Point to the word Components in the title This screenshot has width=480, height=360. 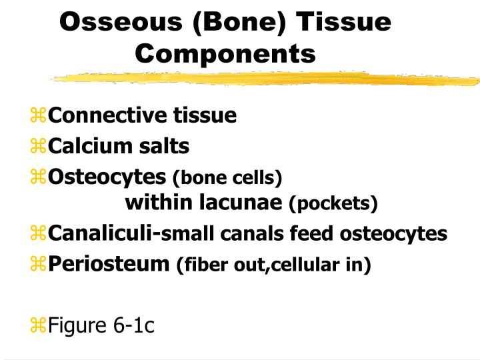225,53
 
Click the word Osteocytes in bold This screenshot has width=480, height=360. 107,177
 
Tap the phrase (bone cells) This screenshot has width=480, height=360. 227,178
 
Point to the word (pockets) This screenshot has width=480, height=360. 333,203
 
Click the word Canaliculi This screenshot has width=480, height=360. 100,233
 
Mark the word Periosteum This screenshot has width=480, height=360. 109,264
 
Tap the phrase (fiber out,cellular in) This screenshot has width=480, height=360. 273,265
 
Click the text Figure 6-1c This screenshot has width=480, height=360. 101,325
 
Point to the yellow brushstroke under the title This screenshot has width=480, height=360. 267,79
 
